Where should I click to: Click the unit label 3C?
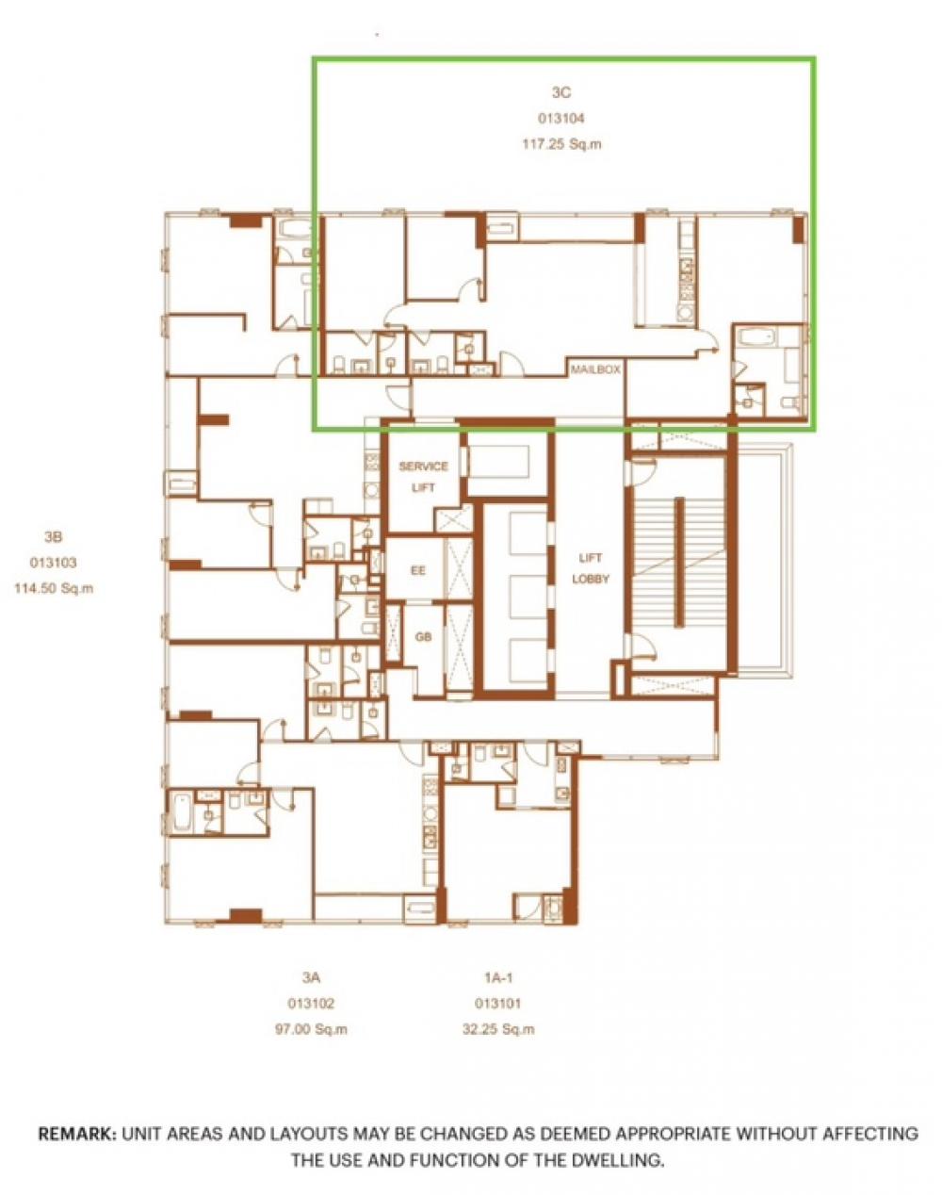[561, 92]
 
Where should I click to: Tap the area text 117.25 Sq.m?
[561, 145]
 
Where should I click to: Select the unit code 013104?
[561, 119]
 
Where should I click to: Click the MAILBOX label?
[595, 370]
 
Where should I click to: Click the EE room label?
[418, 571]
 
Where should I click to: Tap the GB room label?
[423, 637]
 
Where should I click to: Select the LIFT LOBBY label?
[591, 570]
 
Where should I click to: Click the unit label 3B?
[53, 537]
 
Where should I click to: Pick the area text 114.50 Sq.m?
[53, 588]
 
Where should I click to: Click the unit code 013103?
[53, 563]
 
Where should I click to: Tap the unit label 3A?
[312, 978]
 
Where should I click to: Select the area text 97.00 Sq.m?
[312, 1029]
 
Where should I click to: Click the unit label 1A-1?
[498, 978]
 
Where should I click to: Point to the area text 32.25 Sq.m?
[498, 1029]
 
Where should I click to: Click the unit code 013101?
[498, 1004]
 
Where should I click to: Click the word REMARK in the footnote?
[76, 1134]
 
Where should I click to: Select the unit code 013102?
[312, 1004]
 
